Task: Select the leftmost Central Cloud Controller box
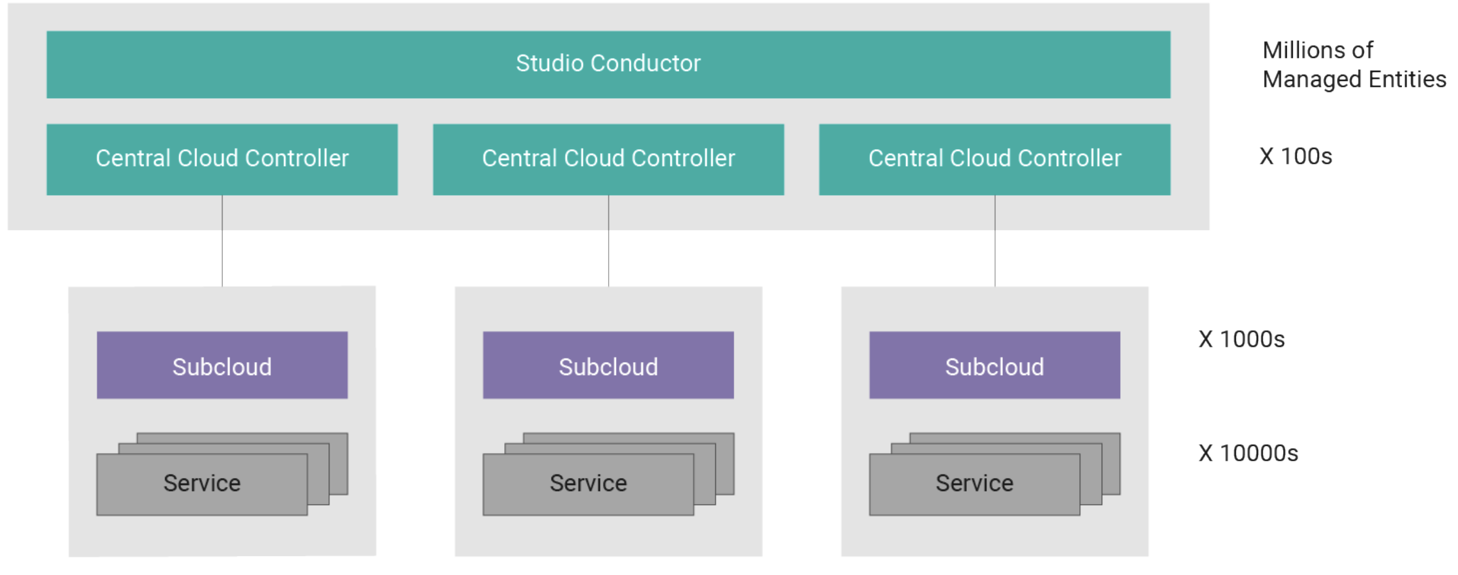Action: tap(222, 159)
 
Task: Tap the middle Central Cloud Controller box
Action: tap(608, 159)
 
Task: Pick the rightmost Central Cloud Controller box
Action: tap(995, 159)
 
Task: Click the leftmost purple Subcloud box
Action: tap(222, 366)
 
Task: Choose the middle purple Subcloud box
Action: tap(608, 366)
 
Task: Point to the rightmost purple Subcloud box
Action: tap(995, 366)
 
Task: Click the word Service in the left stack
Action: tap(202, 483)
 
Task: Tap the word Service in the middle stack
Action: tap(588, 483)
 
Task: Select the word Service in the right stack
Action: tap(974, 483)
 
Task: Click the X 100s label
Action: tap(1295, 157)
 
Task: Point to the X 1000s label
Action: tap(1241, 340)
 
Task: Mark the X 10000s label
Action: tap(1248, 453)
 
